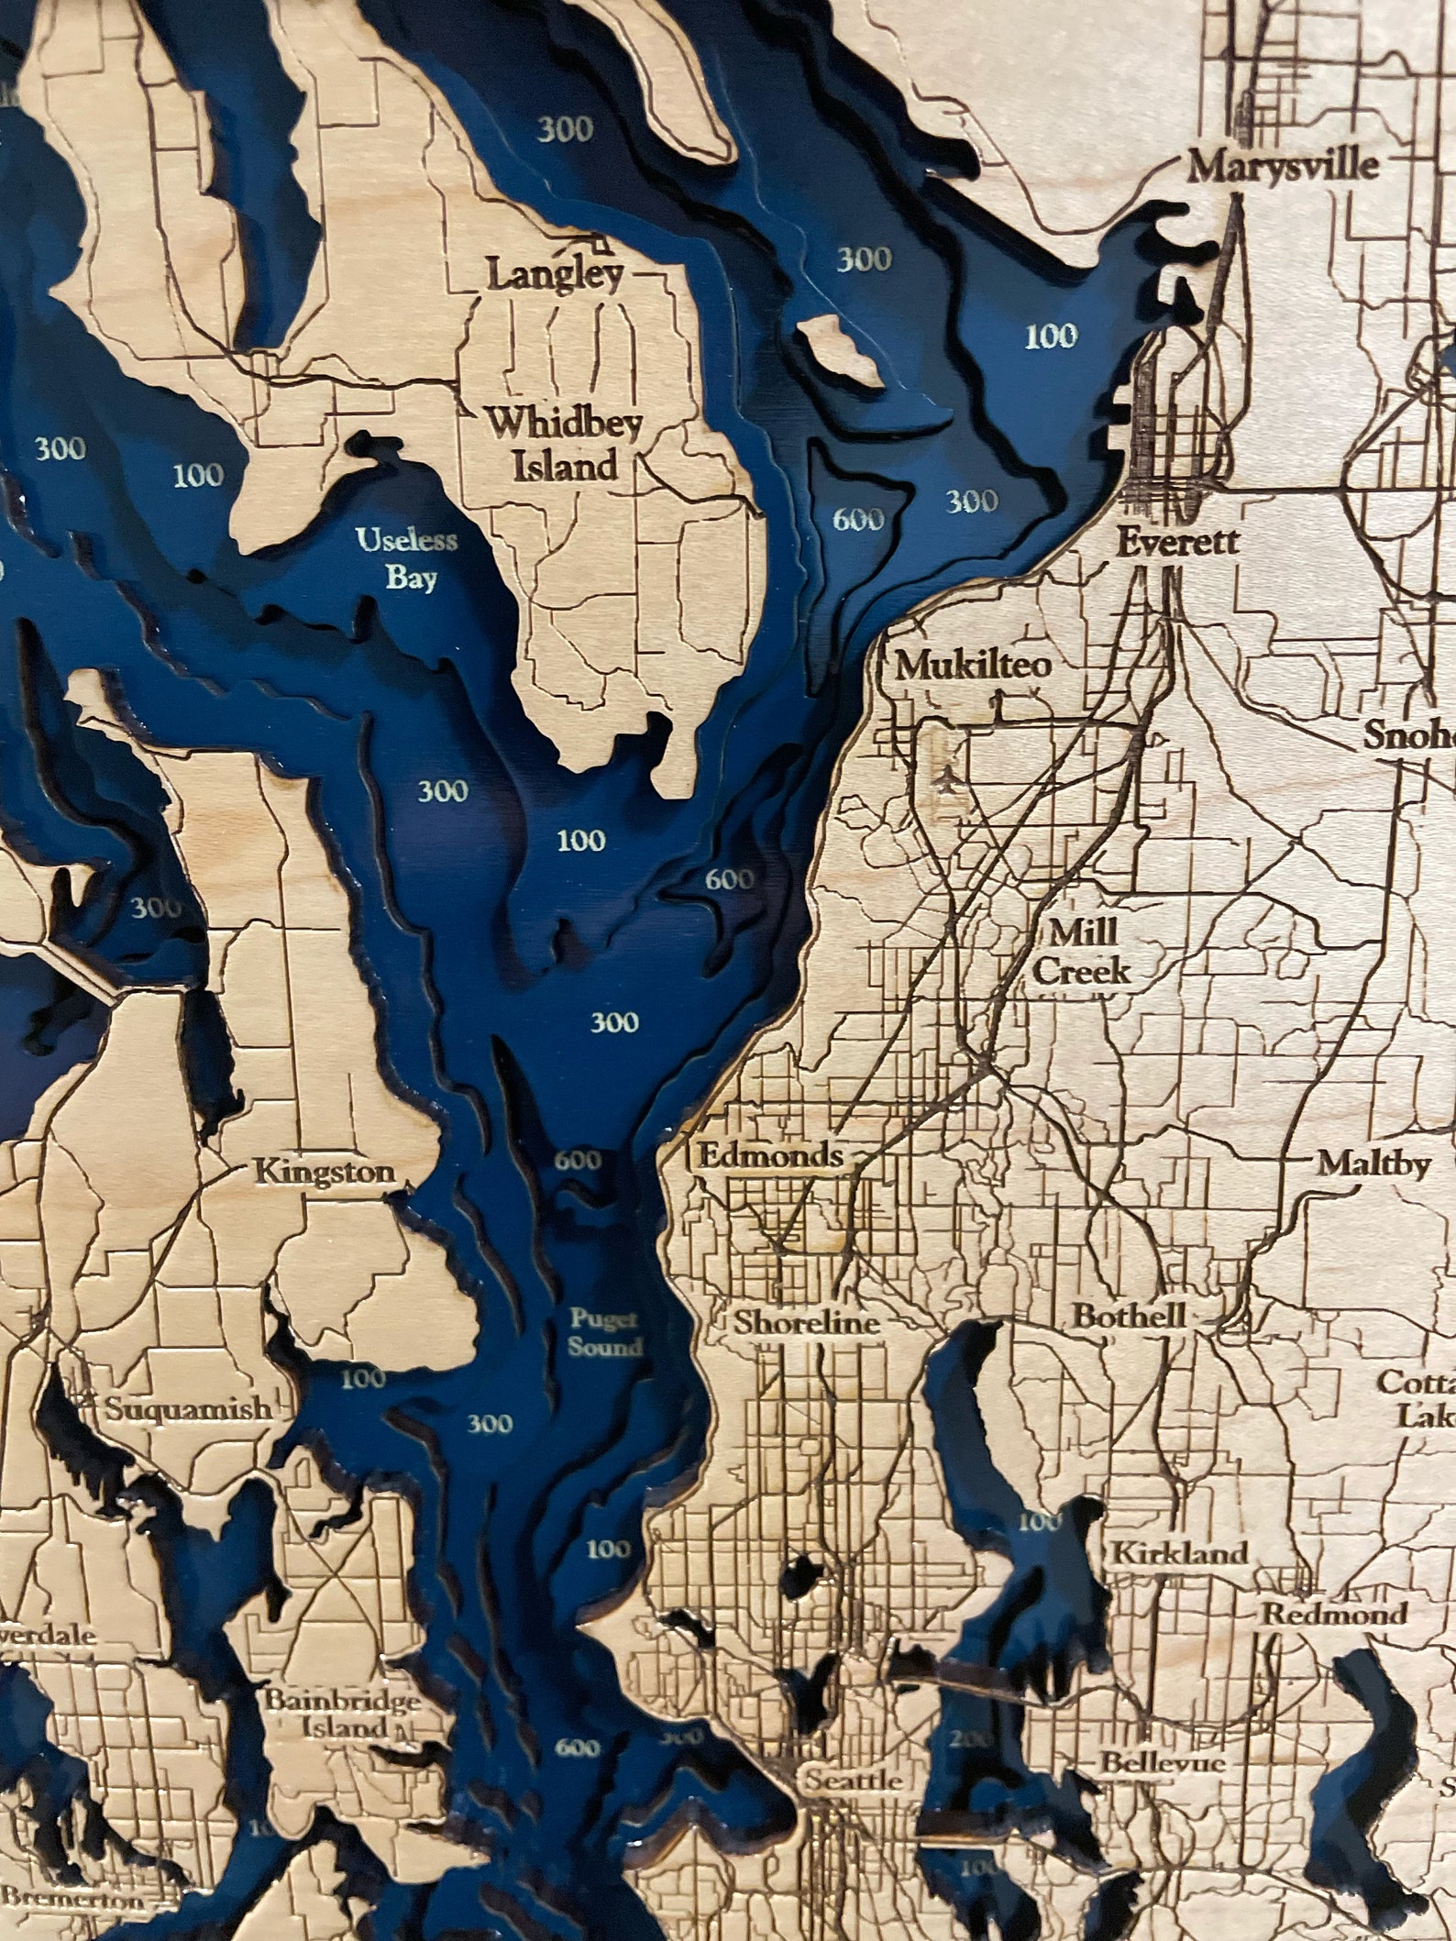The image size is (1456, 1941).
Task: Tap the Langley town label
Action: [x=555, y=273]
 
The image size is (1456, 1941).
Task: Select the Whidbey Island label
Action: [x=552, y=444]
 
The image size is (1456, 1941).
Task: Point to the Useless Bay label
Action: [x=406, y=557]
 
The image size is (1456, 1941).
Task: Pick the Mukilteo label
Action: [x=972, y=665]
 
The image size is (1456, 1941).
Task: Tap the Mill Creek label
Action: [x=1082, y=952]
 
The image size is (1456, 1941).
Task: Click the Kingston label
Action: [x=324, y=1171]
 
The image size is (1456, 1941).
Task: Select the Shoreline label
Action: [x=807, y=1321]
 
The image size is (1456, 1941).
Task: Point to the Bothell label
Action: [x=1129, y=1315]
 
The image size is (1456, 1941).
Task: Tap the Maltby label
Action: [x=1373, y=1163]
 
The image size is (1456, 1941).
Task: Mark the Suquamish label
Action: [x=188, y=1407]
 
